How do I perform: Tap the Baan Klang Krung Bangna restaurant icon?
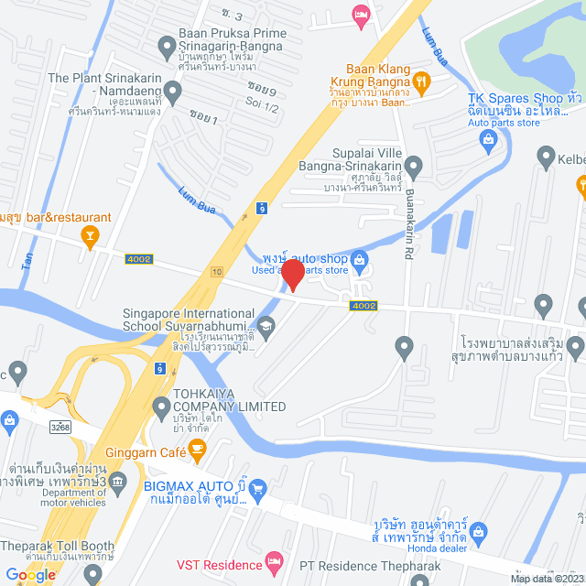pos(421,81)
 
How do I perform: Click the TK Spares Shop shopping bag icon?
pos(488,138)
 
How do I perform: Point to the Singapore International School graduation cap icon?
pos(266,323)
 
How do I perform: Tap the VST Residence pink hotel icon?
pos(272,559)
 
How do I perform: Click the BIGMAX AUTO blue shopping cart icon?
pos(257,488)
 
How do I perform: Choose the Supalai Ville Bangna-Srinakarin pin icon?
pos(413,167)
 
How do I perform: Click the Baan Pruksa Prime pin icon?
pos(167,43)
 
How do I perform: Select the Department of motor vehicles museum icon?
pos(117,481)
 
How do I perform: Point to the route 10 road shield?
pos(216,271)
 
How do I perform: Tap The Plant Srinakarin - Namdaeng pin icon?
pos(174,90)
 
